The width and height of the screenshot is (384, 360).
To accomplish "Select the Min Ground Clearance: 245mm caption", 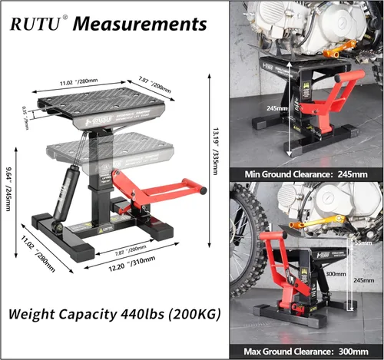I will [306, 174].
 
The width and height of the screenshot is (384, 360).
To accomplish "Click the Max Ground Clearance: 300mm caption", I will [306, 351].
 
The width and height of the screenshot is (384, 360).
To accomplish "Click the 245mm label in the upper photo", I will [270, 109].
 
